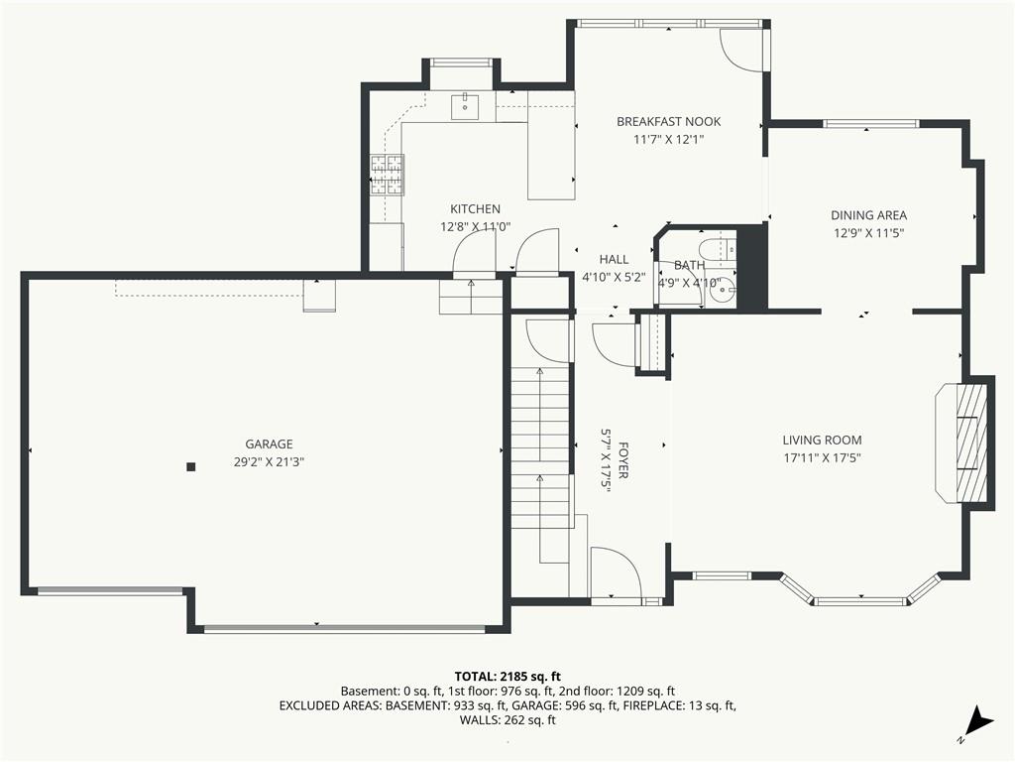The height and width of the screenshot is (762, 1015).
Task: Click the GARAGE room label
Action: click(x=269, y=444)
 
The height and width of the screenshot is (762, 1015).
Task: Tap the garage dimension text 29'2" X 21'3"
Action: click(x=269, y=461)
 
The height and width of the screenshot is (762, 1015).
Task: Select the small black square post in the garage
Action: click(x=191, y=466)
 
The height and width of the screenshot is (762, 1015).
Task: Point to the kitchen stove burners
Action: click(x=387, y=174)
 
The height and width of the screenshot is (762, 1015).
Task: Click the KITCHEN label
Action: click(x=475, y=209)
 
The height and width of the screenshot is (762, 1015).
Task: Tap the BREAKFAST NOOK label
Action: click(x=668, y=122)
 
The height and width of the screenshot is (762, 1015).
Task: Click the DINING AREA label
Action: click(x=868, y=215)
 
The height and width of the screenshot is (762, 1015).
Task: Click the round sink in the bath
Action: click(x=724, y=290)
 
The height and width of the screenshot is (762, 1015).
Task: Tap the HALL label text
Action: click(x=614, y=260)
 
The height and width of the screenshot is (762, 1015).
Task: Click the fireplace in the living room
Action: click(x=964, y=441)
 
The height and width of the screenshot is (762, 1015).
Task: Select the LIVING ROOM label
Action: click(x=822, y=441)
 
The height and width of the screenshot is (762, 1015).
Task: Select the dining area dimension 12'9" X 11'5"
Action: click(x=868, y=233)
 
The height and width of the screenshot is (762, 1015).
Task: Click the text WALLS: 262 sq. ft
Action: click(x=507, y=720)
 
